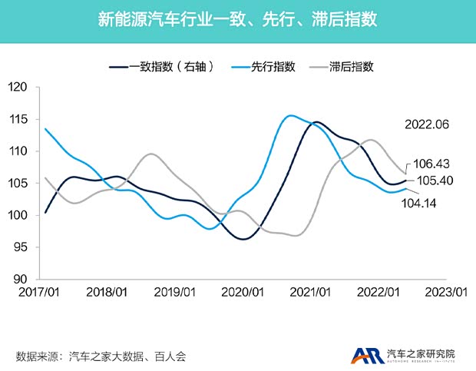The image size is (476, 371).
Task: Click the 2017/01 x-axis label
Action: click(38, 293)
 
